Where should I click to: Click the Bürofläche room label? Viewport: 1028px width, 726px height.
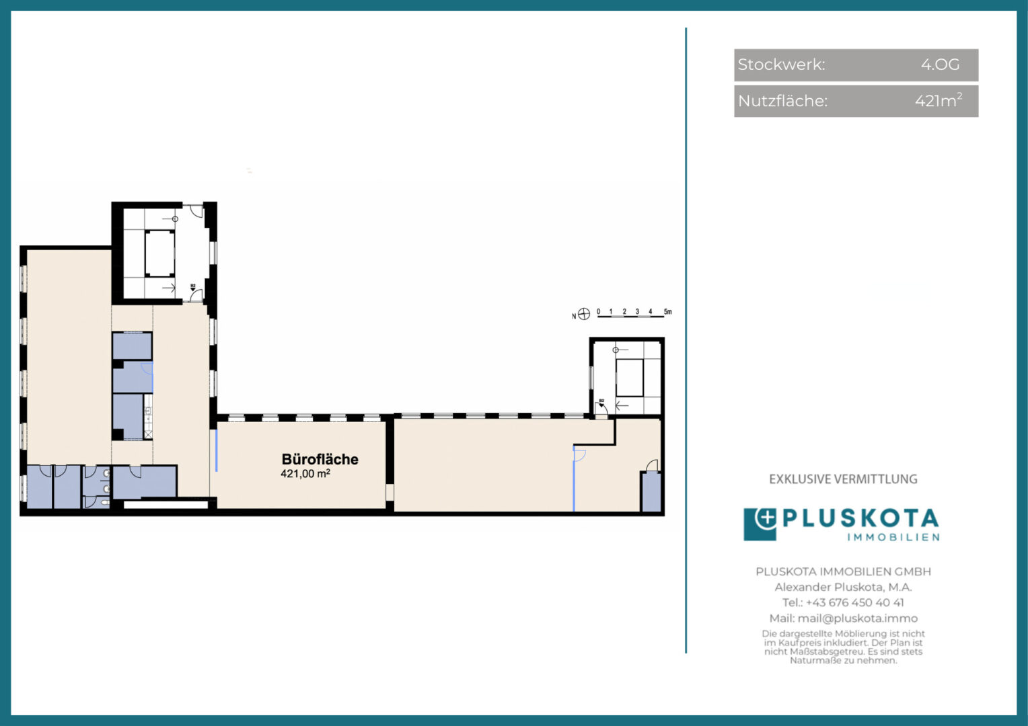[x=320, y=459]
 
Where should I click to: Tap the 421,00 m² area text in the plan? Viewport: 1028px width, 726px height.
[x=305, y=473]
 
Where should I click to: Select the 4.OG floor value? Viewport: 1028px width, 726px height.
[x=940, y=65]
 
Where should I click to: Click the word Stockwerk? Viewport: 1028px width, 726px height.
[x=781, y=65]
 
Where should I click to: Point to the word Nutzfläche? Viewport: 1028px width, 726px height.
[x=782, y=101]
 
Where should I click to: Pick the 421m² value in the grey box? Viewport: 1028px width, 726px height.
[x=939, y=100]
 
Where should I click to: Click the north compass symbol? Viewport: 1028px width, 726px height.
[x=584, y=314]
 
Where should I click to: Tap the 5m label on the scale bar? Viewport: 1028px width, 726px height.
[x=668, y=312]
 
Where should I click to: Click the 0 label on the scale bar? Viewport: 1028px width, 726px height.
[x=599, y=312]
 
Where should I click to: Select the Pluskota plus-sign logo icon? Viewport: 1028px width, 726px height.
[x=760, y=524]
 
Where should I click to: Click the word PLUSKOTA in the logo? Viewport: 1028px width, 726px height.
[x=860, y=519]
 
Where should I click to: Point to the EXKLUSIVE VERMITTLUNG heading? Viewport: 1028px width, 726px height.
[x=843, y=479]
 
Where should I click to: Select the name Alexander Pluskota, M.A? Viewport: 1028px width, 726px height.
[x=844, y=587]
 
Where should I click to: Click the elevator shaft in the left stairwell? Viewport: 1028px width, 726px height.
[x=159, y=253]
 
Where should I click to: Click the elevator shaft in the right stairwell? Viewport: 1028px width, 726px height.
[x=629, y=378]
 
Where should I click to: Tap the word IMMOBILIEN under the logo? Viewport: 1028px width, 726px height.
[x=893, y=538]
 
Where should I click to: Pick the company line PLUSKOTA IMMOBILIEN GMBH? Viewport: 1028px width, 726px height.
[x=844, y=571]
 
